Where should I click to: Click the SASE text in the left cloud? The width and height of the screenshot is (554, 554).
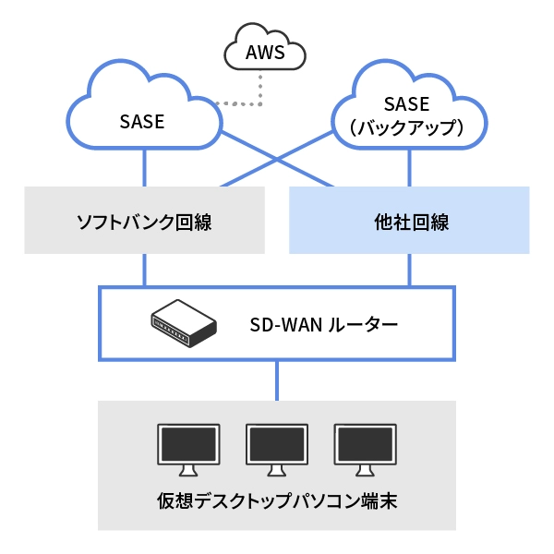(141, 121)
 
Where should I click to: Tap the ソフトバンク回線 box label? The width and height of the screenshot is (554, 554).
(144, 222)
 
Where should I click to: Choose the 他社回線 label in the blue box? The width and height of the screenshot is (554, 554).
(409, 222)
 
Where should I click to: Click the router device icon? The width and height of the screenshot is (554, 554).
(183, 324)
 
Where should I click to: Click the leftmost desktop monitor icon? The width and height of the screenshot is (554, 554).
(188, 447)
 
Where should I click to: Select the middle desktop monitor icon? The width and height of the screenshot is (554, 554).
(277, 447)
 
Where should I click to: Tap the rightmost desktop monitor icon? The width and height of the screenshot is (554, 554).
(366, 447)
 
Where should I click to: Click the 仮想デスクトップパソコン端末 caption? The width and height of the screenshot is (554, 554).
(277, 504)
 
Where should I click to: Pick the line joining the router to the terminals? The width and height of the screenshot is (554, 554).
(277, 379)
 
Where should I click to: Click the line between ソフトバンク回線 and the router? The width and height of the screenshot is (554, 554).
(144, 270)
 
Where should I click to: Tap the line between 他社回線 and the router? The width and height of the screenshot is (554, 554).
(409, 270)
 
